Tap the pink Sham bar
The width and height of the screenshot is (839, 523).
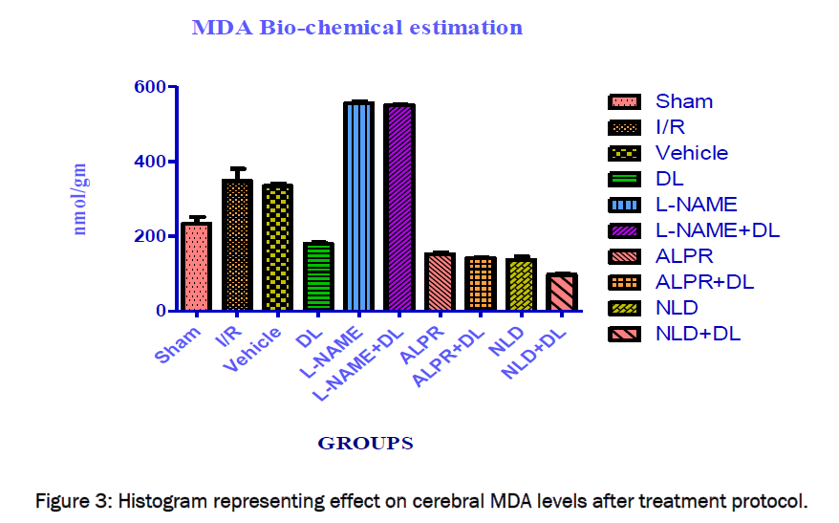[x=197, y=267]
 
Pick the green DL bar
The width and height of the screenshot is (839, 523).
[x=318, y=277]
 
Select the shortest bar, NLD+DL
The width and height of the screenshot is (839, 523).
[x=562, y=293]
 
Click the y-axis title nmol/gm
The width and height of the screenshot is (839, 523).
[x=80, y=199]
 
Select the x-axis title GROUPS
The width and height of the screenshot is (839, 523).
[x=365, y=443]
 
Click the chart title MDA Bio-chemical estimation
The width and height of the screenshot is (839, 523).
[x=356, y=27]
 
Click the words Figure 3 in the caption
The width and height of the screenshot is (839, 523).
[x=70, y=500]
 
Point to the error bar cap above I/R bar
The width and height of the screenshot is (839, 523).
[x=237, y=168]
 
